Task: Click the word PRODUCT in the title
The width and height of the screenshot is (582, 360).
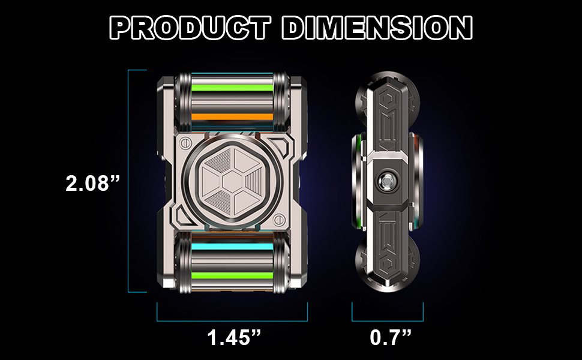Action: coord(190,28)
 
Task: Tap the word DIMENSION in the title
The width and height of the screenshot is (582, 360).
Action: coord(377,28)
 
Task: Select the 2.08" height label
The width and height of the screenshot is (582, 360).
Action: coord(93,183)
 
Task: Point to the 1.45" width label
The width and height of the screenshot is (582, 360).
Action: coord(234,337)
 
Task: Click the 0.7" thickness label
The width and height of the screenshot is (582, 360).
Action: coord(391,337)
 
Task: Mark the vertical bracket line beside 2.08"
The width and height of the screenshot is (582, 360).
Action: coord(128,181)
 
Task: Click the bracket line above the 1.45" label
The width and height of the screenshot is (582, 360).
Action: coord(232,320)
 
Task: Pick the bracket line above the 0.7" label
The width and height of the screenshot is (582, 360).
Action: coord(388,320)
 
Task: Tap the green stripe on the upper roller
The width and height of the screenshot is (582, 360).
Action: coord(232,88)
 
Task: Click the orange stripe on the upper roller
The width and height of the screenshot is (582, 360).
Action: coord(232,117)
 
